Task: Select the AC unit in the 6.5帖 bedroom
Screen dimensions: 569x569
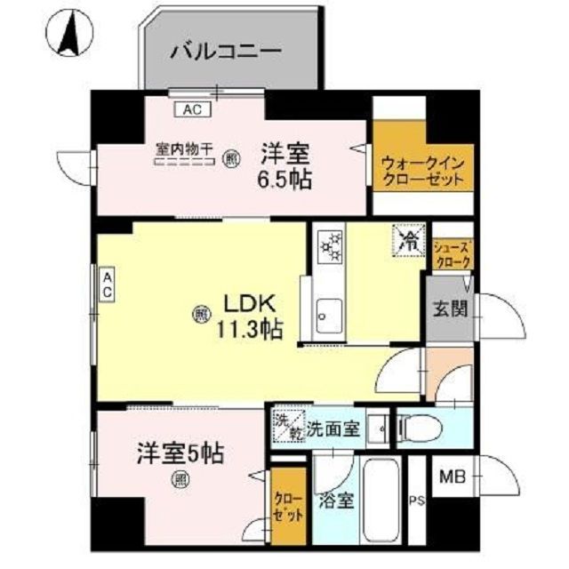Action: [x=192, y=109]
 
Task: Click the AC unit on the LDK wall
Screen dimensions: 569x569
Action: [x=106, y=287]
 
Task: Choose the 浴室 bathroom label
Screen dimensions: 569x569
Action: [x=338, y=500]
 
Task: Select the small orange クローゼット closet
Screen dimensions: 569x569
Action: [x=289, y=508]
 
